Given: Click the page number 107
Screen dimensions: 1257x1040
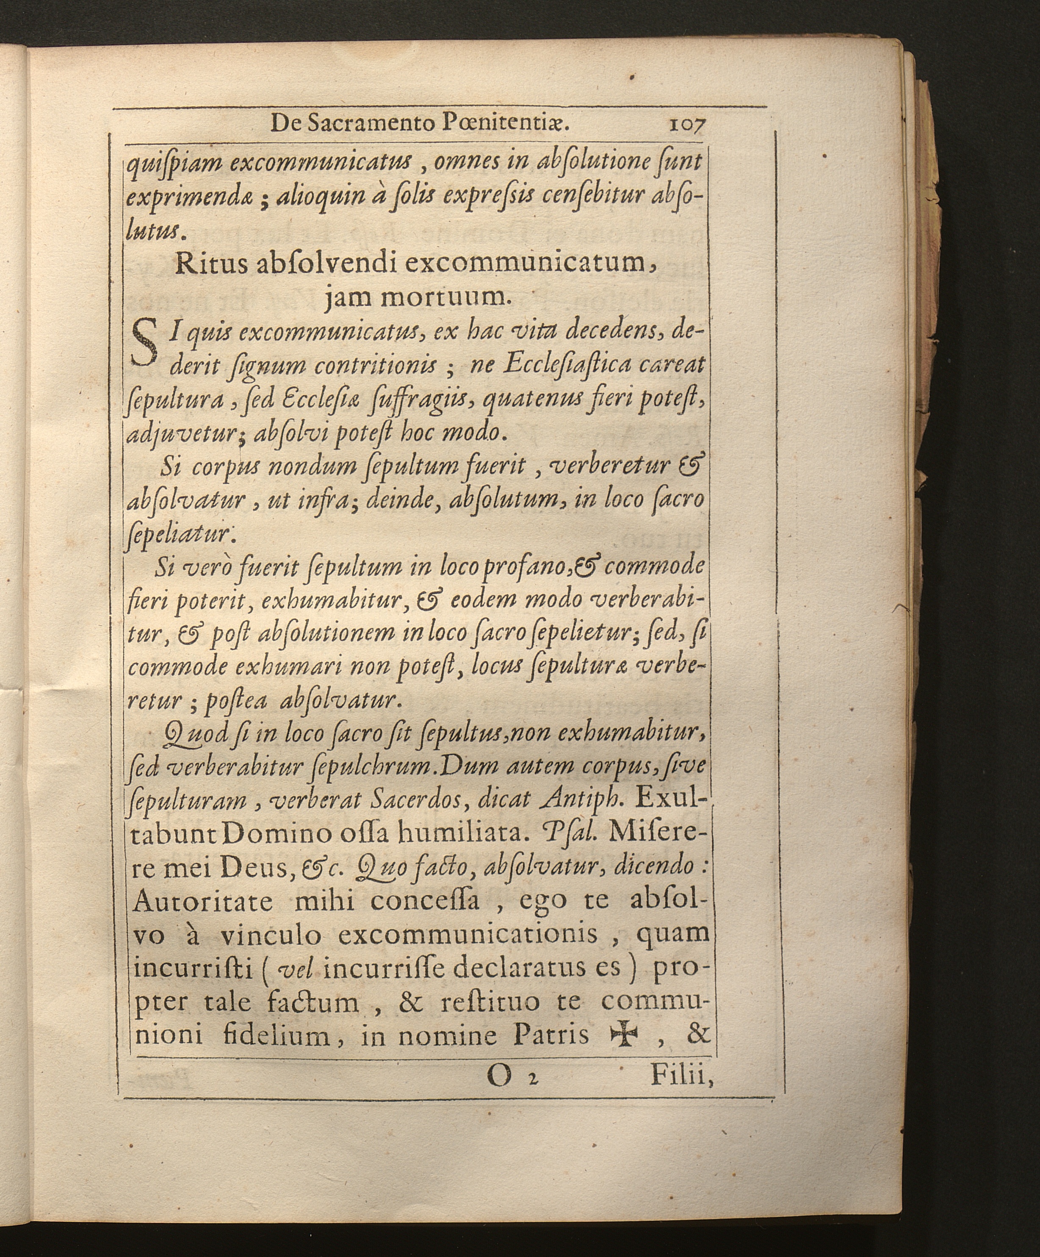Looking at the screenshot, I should click(688, 125).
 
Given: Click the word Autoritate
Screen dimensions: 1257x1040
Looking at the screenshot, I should click(202, 902).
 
